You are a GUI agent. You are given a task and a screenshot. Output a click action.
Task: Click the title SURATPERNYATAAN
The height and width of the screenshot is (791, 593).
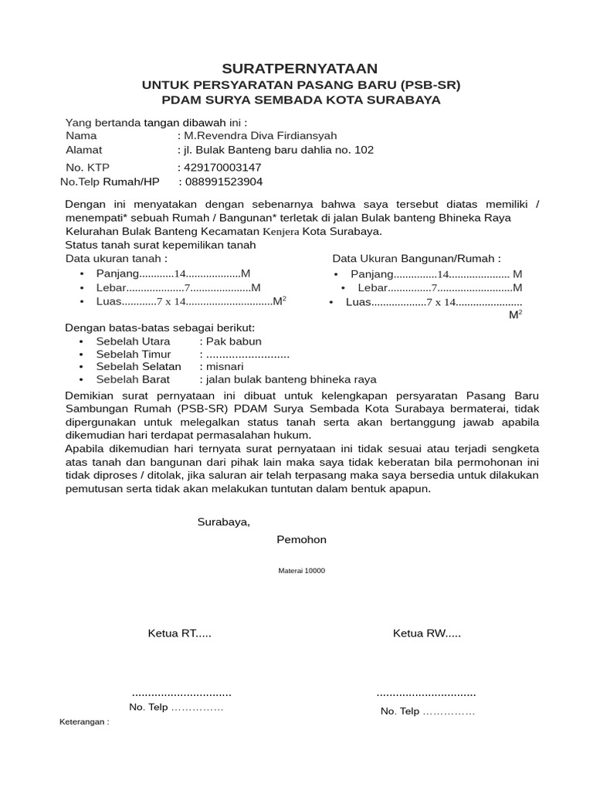click(x=300, y=69)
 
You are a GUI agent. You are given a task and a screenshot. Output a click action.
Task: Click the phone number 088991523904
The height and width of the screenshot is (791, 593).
click(x=224, y=182)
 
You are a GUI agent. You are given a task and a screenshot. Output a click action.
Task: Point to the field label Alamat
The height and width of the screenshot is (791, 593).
click(x=83, y=150)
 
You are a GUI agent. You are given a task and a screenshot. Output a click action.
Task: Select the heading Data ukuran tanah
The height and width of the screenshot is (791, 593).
click(x=116, y=258)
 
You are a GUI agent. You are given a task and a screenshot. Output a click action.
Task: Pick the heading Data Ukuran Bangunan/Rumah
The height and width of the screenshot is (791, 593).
click(x=416, y=258)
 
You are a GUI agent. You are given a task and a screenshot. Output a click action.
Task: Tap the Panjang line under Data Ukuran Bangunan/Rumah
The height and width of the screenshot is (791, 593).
click(x=436, y=274)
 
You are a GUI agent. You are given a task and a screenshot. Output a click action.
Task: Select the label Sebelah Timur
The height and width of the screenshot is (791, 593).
click(x=134, y=354)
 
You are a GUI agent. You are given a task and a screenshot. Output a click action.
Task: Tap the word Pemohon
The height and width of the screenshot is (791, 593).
click(x=301, y=539)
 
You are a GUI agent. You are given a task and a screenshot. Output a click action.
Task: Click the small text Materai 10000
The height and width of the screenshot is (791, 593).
click(x=301, y=571)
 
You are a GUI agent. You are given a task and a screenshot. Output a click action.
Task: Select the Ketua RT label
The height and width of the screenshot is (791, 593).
click(x=179, y=634)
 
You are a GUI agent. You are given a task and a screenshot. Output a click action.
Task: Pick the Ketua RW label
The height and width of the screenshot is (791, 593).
click(x=426, y=634)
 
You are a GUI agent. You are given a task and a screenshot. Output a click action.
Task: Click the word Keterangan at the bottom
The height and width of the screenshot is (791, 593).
click(x=84, y=722)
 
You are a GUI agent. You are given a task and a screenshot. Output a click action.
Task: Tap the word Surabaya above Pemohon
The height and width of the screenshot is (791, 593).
click(x=224, y=521)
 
